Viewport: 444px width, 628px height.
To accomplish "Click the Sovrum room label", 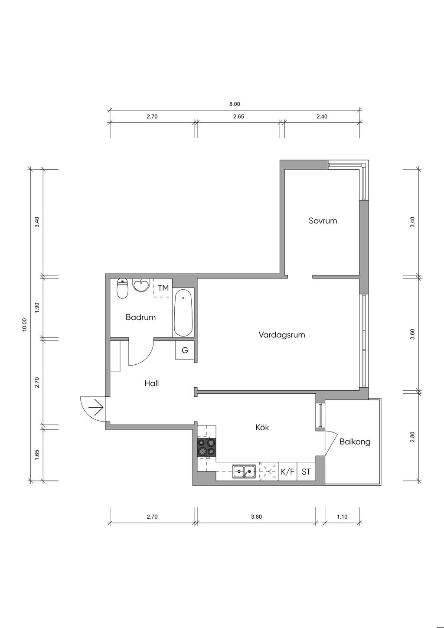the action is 323,221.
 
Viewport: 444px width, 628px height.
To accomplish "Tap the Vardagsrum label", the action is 282,335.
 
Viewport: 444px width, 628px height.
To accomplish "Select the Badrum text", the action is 140,317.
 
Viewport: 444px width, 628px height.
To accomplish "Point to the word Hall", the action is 152,383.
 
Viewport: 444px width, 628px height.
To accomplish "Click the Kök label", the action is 262,427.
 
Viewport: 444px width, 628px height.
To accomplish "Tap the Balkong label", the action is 355,442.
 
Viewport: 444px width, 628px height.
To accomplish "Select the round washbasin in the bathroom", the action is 141,285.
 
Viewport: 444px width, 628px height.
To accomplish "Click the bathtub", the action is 183,313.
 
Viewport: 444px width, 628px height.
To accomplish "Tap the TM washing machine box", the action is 163,288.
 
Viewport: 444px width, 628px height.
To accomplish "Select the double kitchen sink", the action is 244,471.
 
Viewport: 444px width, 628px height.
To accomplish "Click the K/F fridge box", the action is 287,471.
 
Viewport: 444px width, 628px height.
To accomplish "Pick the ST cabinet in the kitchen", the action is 306,471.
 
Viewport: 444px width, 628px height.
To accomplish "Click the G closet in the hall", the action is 185,350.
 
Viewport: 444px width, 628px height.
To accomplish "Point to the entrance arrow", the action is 95,407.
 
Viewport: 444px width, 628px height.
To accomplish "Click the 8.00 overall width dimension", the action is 235,104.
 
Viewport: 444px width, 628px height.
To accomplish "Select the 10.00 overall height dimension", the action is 25,325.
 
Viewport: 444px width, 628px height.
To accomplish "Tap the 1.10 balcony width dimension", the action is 342,517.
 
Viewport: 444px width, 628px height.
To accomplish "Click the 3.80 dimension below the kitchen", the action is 257,517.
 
